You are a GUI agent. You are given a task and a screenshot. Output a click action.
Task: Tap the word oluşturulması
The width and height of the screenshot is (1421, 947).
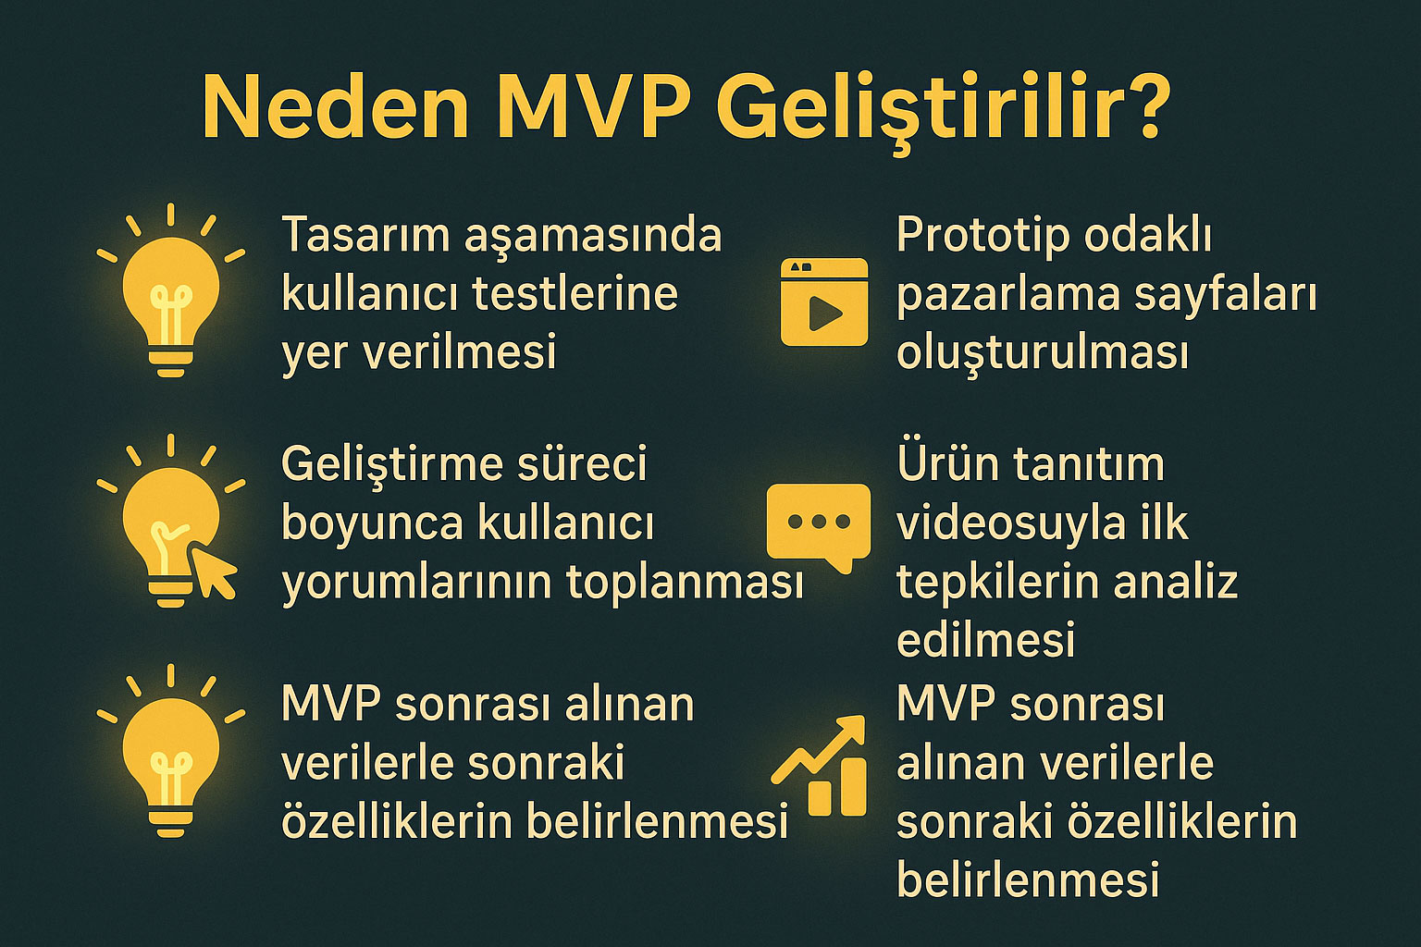[1043, 354]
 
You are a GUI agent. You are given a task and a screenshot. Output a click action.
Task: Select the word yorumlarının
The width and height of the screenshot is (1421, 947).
[417, 584]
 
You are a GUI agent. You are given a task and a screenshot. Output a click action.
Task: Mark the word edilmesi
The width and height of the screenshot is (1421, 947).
[986, 639]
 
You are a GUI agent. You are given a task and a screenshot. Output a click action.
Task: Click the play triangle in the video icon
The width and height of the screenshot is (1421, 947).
[824, 314]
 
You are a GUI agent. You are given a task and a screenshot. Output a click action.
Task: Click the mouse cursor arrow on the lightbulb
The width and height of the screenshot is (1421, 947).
[214, 572]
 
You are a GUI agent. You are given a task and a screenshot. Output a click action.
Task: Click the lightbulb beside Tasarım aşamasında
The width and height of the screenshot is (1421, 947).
[170, 291]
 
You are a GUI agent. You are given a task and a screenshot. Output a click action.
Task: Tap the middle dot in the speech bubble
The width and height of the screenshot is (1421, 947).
[819, 522]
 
